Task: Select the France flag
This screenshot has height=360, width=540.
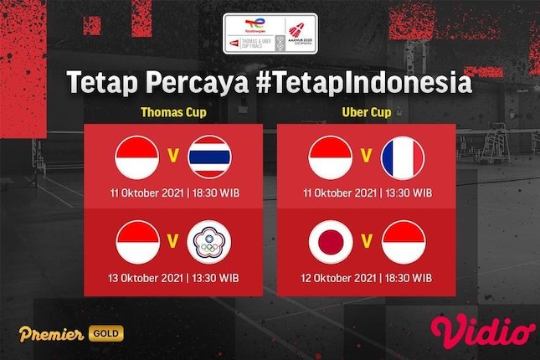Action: (x=402, y=157)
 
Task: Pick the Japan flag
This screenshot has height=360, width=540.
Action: (x=332, y=240)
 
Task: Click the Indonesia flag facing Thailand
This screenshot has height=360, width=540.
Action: (x=136, y=157)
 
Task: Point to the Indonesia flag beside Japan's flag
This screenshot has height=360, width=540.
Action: (x=402, y=240)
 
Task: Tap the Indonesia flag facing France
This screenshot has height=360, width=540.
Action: (x=332, y=157)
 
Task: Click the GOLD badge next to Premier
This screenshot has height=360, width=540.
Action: (x=107, y=334)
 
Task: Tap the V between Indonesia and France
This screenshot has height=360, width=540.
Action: (x=367, y=154)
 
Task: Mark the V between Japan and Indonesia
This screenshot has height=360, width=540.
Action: (x=367, y=237)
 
